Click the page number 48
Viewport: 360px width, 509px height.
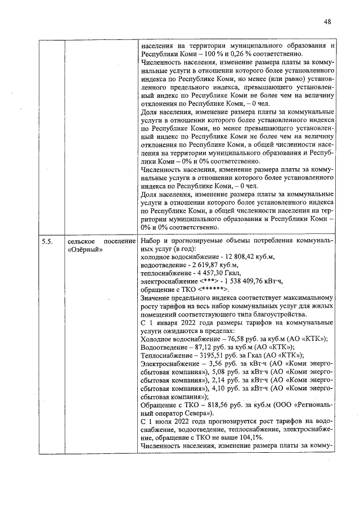click(x=327, y=22)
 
